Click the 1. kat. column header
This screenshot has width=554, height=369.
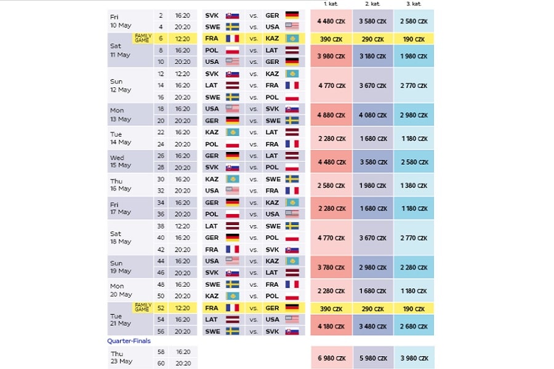[331, 4]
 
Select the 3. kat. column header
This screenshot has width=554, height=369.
[413, 4]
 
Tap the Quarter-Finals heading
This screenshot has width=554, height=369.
[129, 341]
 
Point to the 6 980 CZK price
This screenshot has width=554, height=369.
[331, 358]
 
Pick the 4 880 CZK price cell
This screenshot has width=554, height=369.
[331, 115]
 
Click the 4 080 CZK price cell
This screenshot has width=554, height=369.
[372, 115]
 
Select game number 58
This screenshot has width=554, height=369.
[161, 352]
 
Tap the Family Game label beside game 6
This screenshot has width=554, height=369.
[142, 38]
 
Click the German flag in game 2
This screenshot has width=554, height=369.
[292, 15]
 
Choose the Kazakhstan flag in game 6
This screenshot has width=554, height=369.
[292, 38]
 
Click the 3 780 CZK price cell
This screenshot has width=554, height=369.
[331, 267]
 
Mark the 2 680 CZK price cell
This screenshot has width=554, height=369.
[413, 325]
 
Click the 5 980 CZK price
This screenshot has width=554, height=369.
[372, 358]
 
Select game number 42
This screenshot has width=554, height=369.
[161, 250]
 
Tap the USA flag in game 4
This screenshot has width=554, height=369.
[292, 26]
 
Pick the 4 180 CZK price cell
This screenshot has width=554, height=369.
[331, 325]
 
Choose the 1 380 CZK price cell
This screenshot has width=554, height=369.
[413, 185]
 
